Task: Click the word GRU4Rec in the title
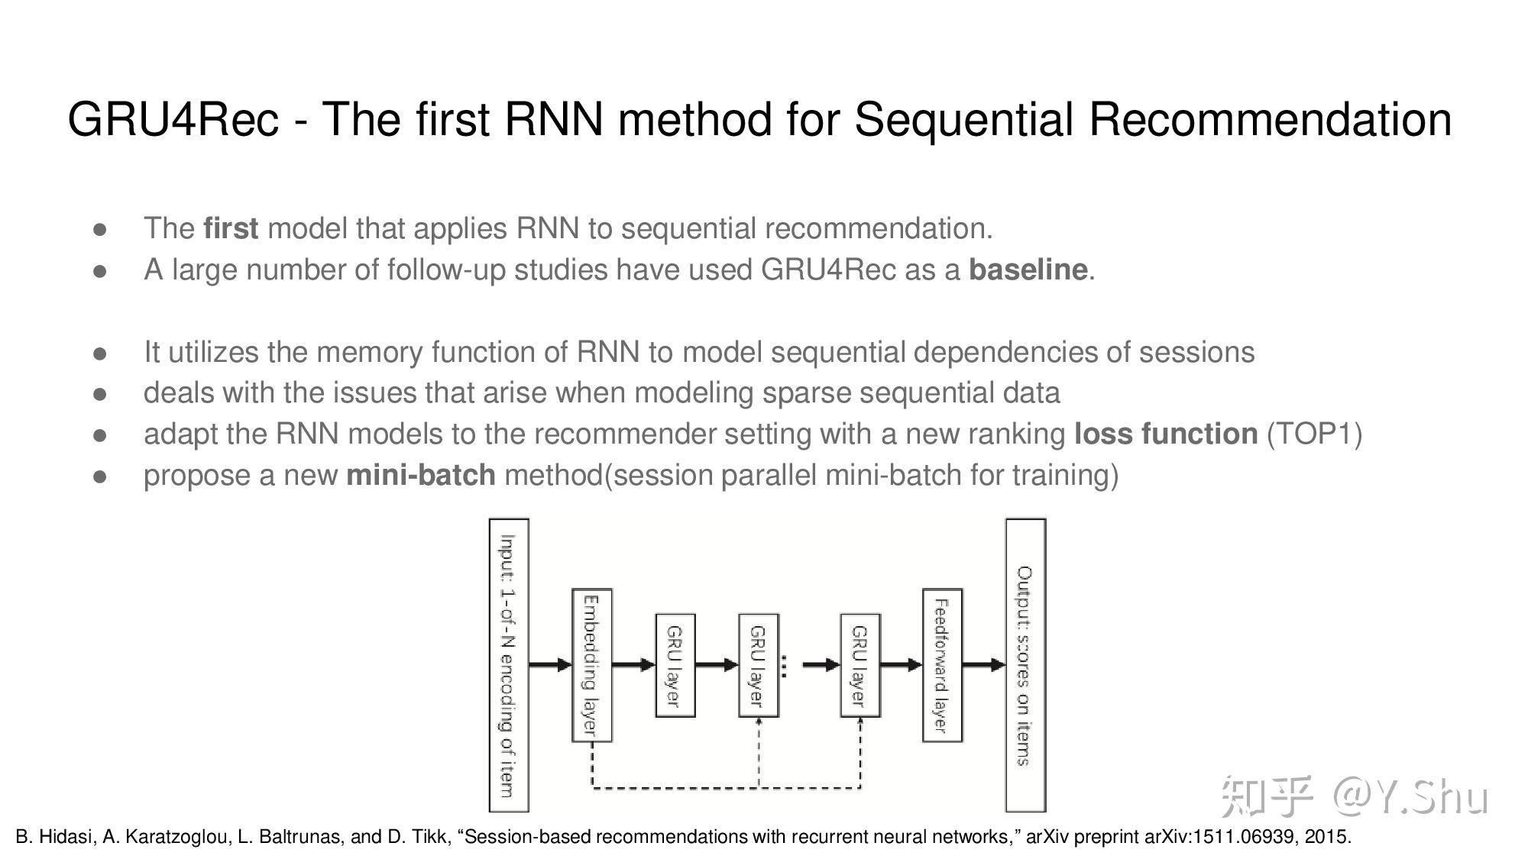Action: click(173, 120)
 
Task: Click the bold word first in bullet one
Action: click(231, 228)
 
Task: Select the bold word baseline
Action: click(1028, 270)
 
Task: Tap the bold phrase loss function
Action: click(1165, 434)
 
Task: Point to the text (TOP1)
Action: click(1314, 434)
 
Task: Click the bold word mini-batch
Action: click(421, 475)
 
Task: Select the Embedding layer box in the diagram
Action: click(592, 665)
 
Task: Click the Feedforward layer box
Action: click(942, 665)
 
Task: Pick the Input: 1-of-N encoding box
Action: click(509, 665)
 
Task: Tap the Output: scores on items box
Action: click(1025, 665)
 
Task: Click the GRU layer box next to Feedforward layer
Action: click(860, 665)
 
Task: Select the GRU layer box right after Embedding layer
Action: click(675, 665)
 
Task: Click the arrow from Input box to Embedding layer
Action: click(550, 665)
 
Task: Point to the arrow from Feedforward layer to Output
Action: click(983, 665)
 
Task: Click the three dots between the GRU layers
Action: click(784, 665)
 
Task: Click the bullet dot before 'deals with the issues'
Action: click(99, 393)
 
